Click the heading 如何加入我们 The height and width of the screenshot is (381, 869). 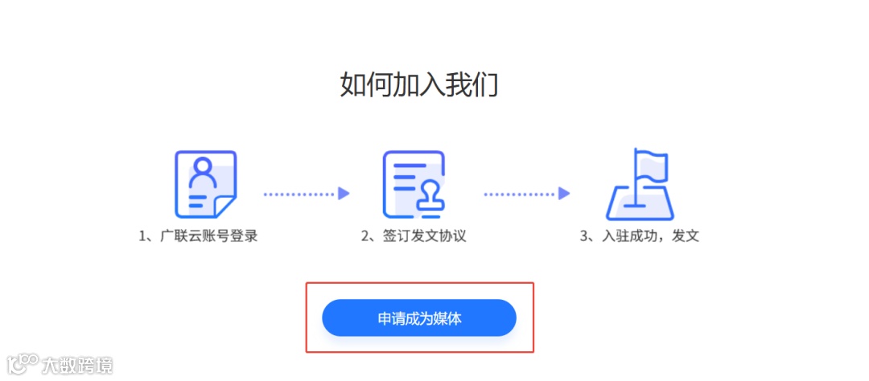[x=418, y=84]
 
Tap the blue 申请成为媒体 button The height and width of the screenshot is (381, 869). [x=418, y=317]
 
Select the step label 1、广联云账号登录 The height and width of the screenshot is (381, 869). [x=198, y=236]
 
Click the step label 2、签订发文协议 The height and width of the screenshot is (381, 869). [x=414, y=236]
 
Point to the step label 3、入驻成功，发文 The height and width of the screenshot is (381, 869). [x=639, y=236]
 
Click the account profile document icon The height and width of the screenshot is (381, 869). [x=205, y=184]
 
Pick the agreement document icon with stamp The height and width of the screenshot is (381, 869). [x=414, y=184]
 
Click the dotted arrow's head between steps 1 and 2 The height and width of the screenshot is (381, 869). [x=344, y=194]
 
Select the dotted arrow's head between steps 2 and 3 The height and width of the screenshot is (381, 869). [x=564, y=194]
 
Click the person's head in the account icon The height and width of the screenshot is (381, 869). [x=204, y=168]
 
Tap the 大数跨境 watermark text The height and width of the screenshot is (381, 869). [x=77, y=365]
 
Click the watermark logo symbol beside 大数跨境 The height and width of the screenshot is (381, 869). [x=23, y=364]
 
